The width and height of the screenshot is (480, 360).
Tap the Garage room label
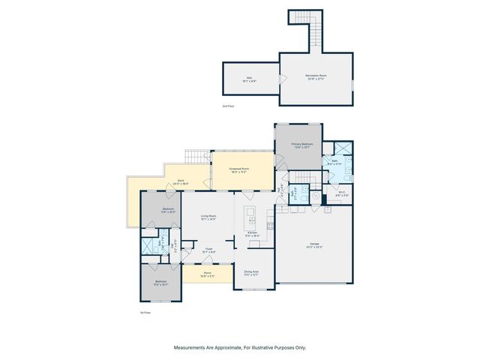tap(315, 245)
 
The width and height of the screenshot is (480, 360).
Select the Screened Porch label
tap(240, 170)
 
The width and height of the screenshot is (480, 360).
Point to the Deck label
tap(180, 182)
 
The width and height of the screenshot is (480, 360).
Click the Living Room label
tap(208, 218)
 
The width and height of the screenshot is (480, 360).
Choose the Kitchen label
tap(253, 234)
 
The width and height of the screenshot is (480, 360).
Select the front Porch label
tap(208, 274)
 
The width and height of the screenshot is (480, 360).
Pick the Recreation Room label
tap(316, 76)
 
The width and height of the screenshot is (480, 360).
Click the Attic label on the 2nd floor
tap(250, 78)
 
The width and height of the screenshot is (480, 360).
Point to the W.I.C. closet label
tap(341, 193)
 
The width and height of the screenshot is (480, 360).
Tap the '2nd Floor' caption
tap(228, 106)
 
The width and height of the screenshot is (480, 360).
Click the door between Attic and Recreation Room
tap(280, 79)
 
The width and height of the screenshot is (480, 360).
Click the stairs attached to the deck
tap(197, 157)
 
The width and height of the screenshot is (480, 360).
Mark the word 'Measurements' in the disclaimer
tap(192, 348)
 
